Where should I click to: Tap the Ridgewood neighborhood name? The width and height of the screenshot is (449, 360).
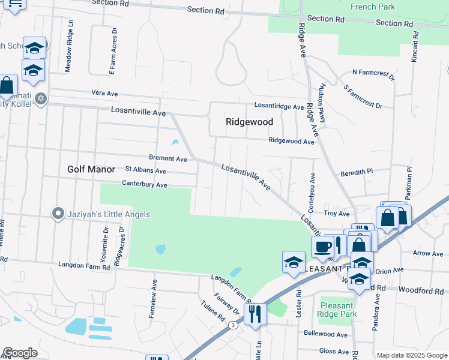(249, 122)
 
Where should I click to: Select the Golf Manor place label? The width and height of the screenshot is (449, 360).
(91, 170)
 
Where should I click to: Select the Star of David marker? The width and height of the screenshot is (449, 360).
(40, 98)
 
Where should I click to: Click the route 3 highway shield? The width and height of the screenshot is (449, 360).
(232, 325)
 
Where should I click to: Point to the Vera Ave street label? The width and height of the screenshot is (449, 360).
(104, 93)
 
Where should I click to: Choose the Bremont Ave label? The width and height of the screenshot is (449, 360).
(168, 160)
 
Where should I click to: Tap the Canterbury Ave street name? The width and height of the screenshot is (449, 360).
(144, 185)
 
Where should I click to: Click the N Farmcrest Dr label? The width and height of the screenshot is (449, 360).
(373, 74)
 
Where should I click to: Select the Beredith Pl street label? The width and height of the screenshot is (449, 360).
(357, 172)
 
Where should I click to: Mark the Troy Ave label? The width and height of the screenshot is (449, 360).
(336, 214)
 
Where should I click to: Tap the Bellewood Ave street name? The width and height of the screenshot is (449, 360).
(326, 334)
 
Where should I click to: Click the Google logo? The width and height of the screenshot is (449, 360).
(20, 353)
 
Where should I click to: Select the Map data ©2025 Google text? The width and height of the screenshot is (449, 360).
(411, 355)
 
